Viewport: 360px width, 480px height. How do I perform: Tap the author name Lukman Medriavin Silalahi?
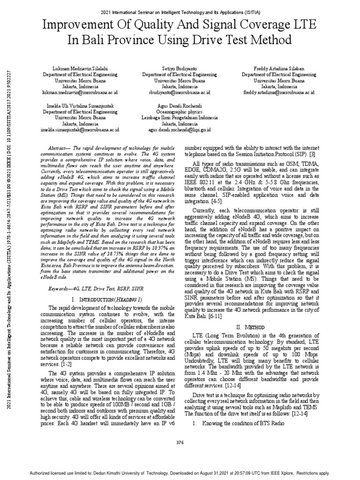click(x=80, y=68)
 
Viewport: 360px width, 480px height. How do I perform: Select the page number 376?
click(x=180, y=442)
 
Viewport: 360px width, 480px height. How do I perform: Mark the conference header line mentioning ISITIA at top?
click(x=180, y=10)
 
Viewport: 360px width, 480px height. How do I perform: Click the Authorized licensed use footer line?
click(x=180, y=473)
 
